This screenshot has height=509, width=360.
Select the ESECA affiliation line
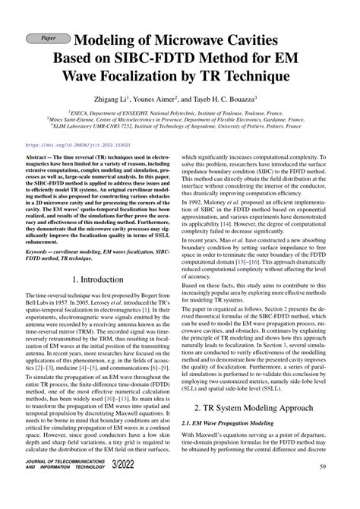179,112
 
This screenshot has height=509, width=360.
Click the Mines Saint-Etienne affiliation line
179,120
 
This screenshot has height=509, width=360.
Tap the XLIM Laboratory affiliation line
179,128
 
